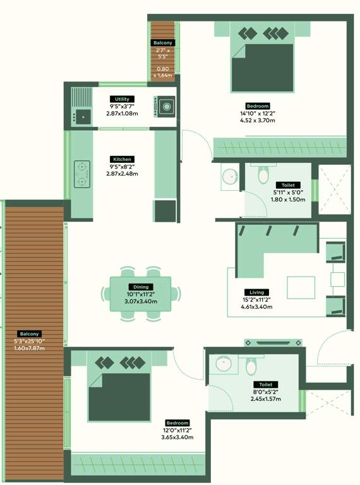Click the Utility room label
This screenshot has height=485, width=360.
122,99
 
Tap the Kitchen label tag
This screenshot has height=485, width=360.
122,159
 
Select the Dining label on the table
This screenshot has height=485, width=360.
141,287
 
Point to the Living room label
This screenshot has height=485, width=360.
256,292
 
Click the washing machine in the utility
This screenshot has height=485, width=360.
165,107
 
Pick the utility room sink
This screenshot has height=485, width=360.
83,117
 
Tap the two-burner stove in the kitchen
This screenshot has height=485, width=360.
82,174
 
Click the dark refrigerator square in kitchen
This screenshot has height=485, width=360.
165,211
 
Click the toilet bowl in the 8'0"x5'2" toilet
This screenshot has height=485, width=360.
251,366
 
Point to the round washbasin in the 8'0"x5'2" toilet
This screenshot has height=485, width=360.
224,364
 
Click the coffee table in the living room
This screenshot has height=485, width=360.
301,288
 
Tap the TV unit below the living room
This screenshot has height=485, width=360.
273,343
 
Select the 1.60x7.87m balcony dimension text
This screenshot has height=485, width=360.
30,349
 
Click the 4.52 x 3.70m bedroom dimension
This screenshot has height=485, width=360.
257,121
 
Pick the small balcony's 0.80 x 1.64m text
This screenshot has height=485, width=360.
163,72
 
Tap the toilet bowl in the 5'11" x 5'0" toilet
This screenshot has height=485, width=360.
263,175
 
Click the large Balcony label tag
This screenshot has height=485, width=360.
30,333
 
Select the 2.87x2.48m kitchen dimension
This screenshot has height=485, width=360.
122,174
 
